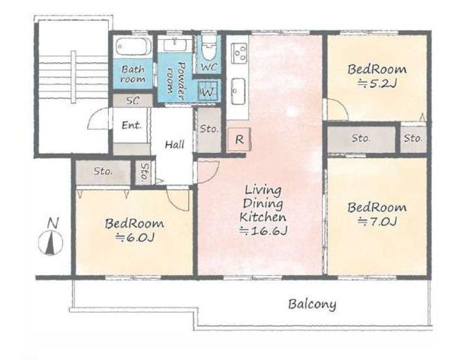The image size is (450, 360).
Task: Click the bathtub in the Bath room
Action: (133, 46)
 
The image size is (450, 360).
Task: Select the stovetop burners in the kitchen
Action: (239, 52)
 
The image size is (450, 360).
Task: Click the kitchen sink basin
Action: (238, 91)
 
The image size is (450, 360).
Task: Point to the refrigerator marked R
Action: (239, 139)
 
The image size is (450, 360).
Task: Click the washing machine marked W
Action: (208, 91)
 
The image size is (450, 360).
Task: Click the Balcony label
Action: (312, 304)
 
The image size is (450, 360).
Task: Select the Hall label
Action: (175, 144)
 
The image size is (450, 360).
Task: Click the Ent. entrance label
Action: (132, 125)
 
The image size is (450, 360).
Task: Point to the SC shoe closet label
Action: (133, 100)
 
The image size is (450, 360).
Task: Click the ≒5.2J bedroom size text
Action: (377, 84)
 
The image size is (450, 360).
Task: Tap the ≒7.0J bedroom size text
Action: (377, 222)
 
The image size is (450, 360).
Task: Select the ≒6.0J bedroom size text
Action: (135, 238)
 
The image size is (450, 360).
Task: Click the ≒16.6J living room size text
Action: (263, 231)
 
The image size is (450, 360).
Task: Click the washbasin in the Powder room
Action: (175, 45)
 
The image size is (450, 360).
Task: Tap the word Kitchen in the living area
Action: (263, 217)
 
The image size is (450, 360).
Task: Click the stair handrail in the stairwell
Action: (73, 76)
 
